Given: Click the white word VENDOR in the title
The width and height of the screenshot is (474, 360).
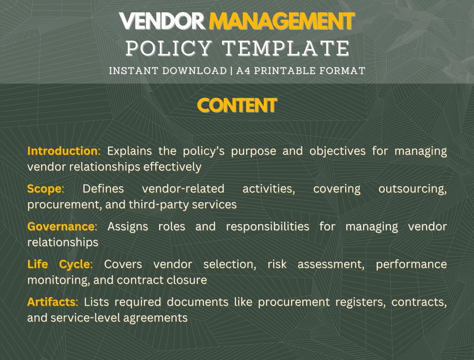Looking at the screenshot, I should coord(162,21).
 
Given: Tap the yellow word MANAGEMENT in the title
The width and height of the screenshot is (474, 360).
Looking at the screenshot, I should coord(281,21).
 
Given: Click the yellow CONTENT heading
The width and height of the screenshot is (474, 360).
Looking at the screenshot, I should coord(237,106).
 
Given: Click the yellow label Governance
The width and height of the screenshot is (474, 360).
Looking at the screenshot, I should coord(62,227).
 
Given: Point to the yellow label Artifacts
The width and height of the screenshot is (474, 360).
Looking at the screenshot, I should coord(52,302).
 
